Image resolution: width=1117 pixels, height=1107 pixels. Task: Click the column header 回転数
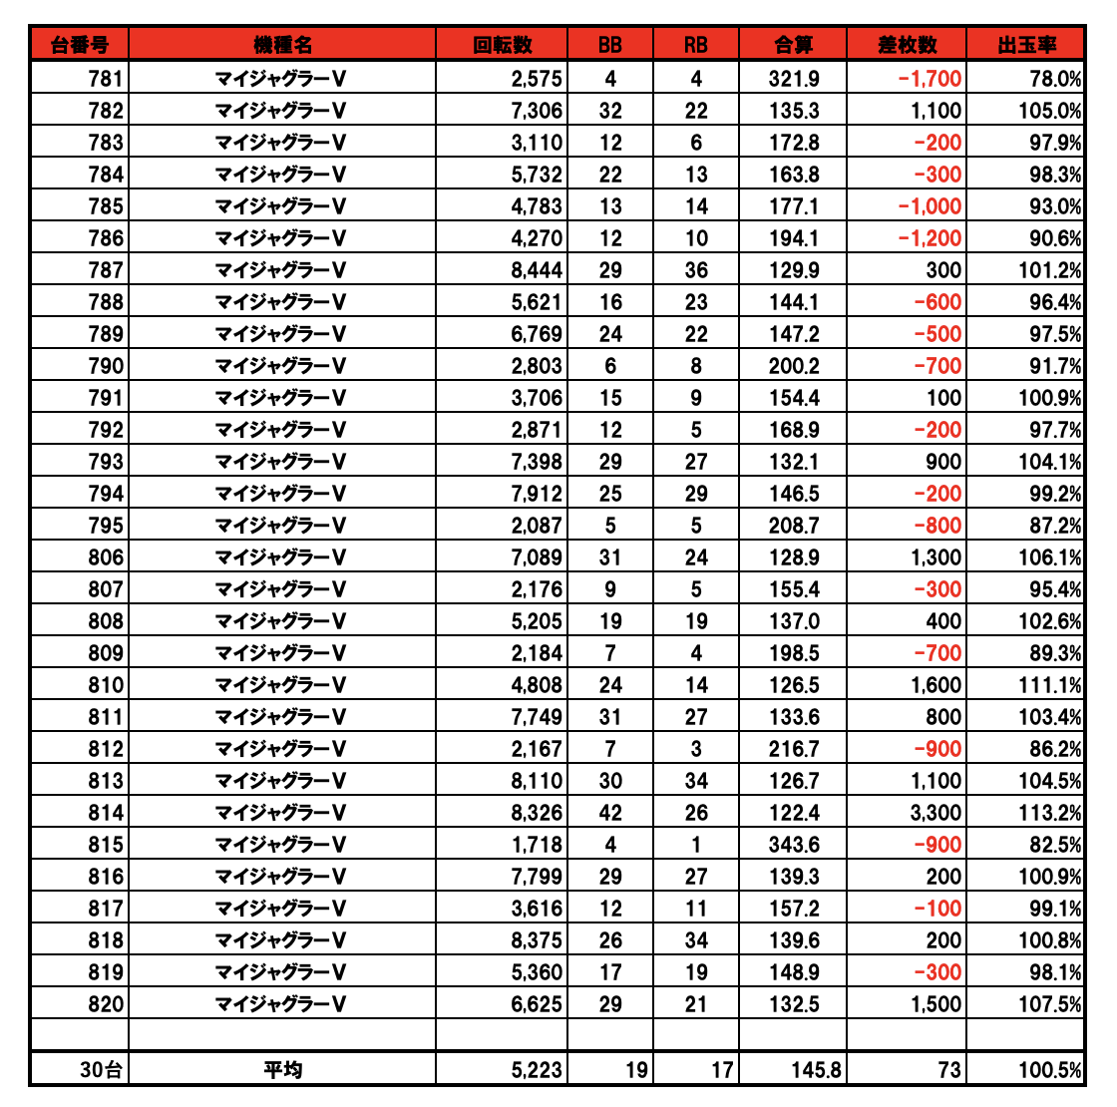click(502, 45)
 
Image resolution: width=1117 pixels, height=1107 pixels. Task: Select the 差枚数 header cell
click(907, 45)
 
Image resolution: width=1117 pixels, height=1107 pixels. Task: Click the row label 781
click(105, 79)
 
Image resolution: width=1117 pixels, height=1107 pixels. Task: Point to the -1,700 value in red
click(930, 79)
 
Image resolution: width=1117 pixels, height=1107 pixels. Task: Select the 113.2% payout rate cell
click(1049, 813)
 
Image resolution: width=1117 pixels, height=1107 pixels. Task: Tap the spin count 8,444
click(537, 270)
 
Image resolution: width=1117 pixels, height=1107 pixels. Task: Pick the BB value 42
click(610, 813)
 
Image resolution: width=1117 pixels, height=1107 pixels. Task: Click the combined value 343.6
click(794, 845)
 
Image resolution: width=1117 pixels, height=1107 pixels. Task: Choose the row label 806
click(105, 557)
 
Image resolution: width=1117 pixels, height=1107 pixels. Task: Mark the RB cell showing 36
click(696, 270)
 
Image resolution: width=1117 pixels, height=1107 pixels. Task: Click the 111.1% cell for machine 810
click(1049, 685)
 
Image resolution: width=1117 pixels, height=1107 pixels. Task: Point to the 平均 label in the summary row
click(282, 1070)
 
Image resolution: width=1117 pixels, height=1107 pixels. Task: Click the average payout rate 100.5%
click(1049, 1070)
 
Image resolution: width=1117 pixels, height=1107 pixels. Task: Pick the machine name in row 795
click(282, 526)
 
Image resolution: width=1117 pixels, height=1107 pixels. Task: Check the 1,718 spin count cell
click(537, 845)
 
